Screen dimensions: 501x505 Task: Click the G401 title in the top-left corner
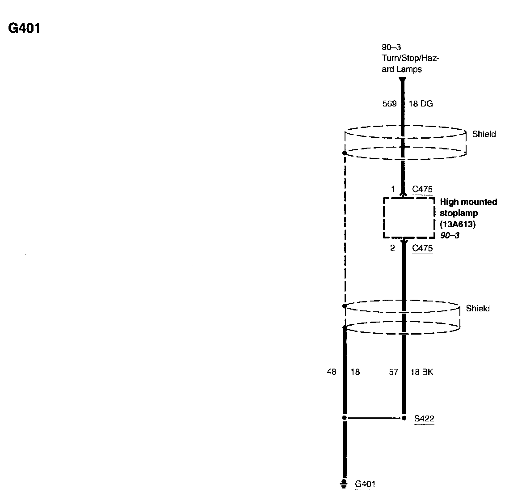coord(24,29)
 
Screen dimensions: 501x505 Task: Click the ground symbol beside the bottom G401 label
coord(344,483)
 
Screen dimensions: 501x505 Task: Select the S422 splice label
coord(424,419)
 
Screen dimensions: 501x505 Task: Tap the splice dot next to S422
coord(404,418)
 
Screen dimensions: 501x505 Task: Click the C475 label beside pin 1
coord(422,189)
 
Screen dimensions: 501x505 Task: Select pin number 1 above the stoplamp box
coord(393,189)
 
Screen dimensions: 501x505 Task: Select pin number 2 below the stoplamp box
coord(392,248)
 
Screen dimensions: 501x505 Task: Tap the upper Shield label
coord(484,134)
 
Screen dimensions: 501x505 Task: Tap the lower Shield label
coord(478,308)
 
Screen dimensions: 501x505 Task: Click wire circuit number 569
coord(389,104)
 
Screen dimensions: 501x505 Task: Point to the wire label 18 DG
coord(421,104)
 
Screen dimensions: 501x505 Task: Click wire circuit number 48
coord(331,371)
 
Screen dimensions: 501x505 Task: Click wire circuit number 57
coord(393,371)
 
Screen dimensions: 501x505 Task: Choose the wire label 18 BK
coord(422,371)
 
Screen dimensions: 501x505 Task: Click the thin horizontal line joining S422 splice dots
coord(374,418)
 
